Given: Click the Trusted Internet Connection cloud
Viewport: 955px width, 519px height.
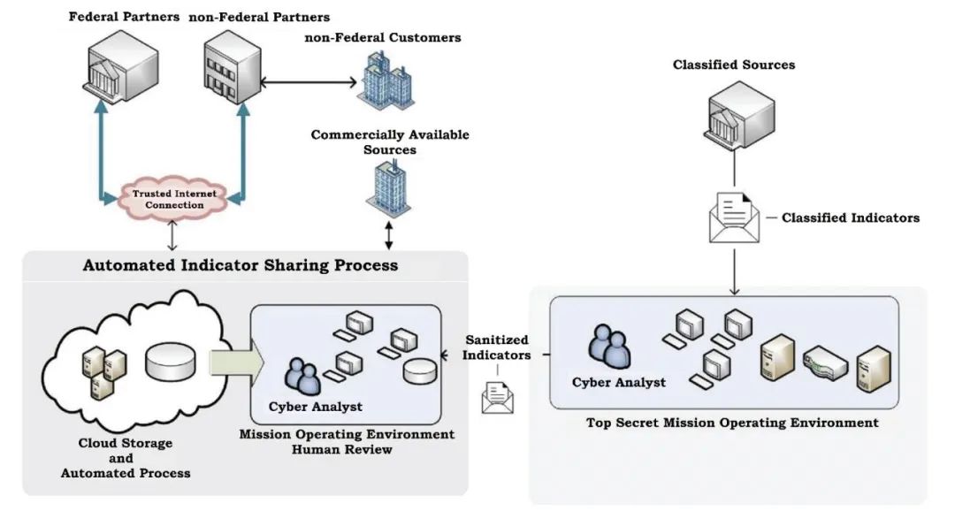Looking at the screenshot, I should click(168, 198).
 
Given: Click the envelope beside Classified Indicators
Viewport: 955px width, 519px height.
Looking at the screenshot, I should click(733, 217).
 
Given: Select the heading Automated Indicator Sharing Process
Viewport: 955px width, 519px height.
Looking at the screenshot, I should click(241, 265).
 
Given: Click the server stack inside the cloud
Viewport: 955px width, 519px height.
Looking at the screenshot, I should click(103, 371).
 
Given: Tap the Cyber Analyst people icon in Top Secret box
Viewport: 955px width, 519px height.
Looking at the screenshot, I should click(610, 347).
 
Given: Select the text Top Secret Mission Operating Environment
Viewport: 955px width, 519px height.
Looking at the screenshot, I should click(732, 423).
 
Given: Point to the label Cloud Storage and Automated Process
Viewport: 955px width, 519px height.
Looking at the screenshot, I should click(125, 458).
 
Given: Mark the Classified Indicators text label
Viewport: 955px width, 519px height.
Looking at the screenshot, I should click(850, 218).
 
